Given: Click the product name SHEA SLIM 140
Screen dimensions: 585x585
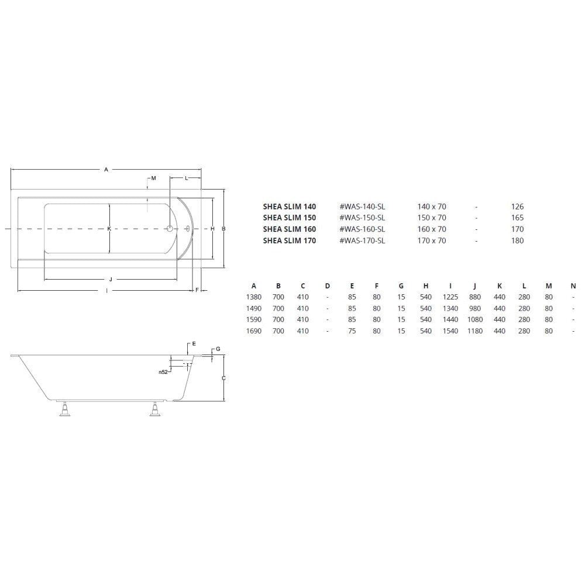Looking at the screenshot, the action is [289, 207].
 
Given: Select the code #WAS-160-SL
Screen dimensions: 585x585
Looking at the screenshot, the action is [362, 229].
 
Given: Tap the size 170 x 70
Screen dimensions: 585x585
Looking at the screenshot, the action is [431, 240].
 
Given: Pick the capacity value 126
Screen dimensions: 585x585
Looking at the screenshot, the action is [517, 207].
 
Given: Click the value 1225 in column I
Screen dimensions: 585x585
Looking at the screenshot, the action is [450, 297].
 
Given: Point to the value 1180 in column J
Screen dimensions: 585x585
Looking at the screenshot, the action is [475, 331].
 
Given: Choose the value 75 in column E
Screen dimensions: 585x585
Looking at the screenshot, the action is [352, 331].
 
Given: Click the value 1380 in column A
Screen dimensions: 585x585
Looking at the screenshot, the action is [254, 297].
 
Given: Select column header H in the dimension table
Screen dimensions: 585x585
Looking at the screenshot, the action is [426, 286].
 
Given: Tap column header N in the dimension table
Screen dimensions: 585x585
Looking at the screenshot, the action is [573, 286].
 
